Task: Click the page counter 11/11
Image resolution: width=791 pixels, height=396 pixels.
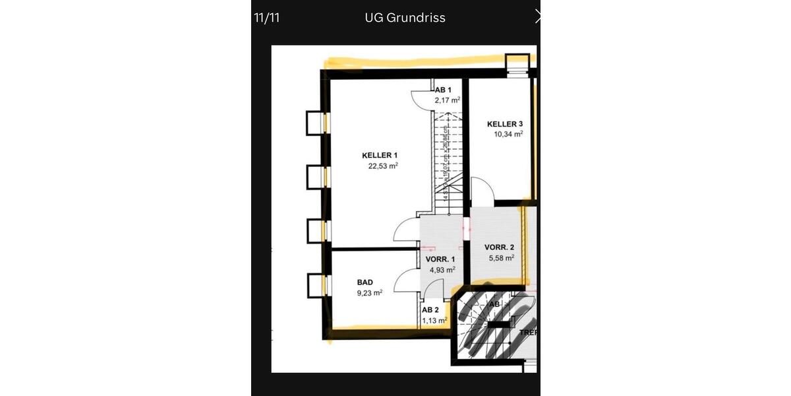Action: tap(267, 18)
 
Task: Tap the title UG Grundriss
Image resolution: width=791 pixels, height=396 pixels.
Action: tap(405, 18)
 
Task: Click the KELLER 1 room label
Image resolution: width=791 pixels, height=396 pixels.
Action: tap(380, 156)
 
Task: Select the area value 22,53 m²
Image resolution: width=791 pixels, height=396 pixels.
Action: tap(383, 166)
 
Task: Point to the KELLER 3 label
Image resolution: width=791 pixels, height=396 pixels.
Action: tap(505, 124)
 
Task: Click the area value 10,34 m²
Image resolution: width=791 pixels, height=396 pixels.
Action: tap(508, 134)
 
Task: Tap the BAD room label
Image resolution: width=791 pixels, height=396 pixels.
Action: tap(365, 282)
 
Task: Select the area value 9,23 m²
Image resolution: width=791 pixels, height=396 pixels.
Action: tap(370, 293)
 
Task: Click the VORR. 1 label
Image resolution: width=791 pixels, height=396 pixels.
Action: tap(440, 259)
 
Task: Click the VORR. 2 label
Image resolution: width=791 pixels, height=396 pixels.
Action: tap(499, 247)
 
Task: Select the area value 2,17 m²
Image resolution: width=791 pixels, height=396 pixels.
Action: tap(447, 100)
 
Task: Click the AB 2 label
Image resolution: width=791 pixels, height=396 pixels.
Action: tap(430, 310)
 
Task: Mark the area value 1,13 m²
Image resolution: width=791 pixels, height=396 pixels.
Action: tap(434, 321)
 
